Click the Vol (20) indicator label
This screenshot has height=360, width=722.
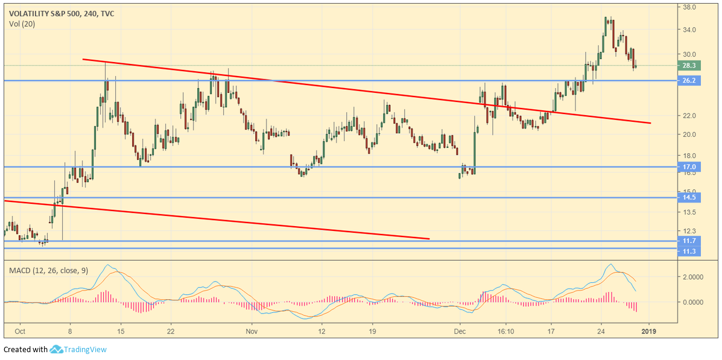coord(22,24)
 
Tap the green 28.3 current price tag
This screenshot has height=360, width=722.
coord(688,65)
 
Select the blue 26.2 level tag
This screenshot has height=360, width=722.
coord(688,80)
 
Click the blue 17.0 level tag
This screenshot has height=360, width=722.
coord(688,167)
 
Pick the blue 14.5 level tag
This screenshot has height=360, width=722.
coord(688,197)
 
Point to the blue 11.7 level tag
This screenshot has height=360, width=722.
coord(688,241)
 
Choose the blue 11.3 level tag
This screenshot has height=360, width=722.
coord(688,251)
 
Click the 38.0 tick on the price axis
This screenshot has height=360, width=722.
coord(689,7)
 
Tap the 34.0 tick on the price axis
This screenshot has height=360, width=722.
coord(689,30)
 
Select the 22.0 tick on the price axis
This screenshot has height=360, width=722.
coord(689,116)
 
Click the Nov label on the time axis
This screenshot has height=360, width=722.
coord(252,330)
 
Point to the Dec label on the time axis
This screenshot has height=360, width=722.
coord(460,330)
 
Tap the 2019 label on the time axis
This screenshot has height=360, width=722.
coord(648,330)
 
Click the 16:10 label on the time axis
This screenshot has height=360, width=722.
coord(505,330)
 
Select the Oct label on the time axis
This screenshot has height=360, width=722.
coord(20,330)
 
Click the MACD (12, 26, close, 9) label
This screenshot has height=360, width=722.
coord(49,271)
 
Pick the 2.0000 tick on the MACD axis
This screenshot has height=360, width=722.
coord(692,277)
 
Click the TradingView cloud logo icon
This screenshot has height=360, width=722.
coord(57,349)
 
